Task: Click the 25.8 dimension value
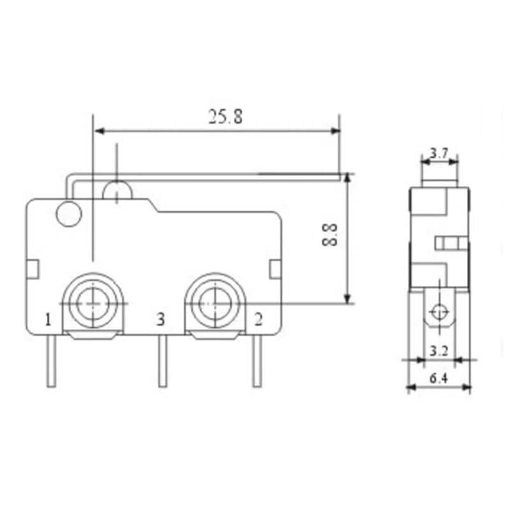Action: click(226, 117)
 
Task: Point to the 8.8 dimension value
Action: click(330, 235)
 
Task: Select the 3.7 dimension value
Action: click(439, 153)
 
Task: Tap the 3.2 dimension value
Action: click(439, 351)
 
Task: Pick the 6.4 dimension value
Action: click(439, 378)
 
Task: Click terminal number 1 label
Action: click(48, 319)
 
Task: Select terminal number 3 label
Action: click(161, 319)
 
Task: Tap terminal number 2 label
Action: click(258, 319)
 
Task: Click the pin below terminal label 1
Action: click(51, 361)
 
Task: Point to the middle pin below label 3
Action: click(163, 361)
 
